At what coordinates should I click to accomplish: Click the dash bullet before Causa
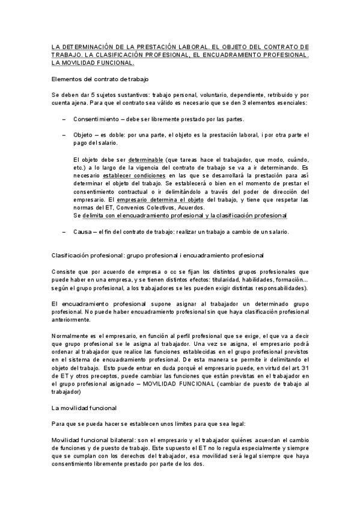tap(64, 232)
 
